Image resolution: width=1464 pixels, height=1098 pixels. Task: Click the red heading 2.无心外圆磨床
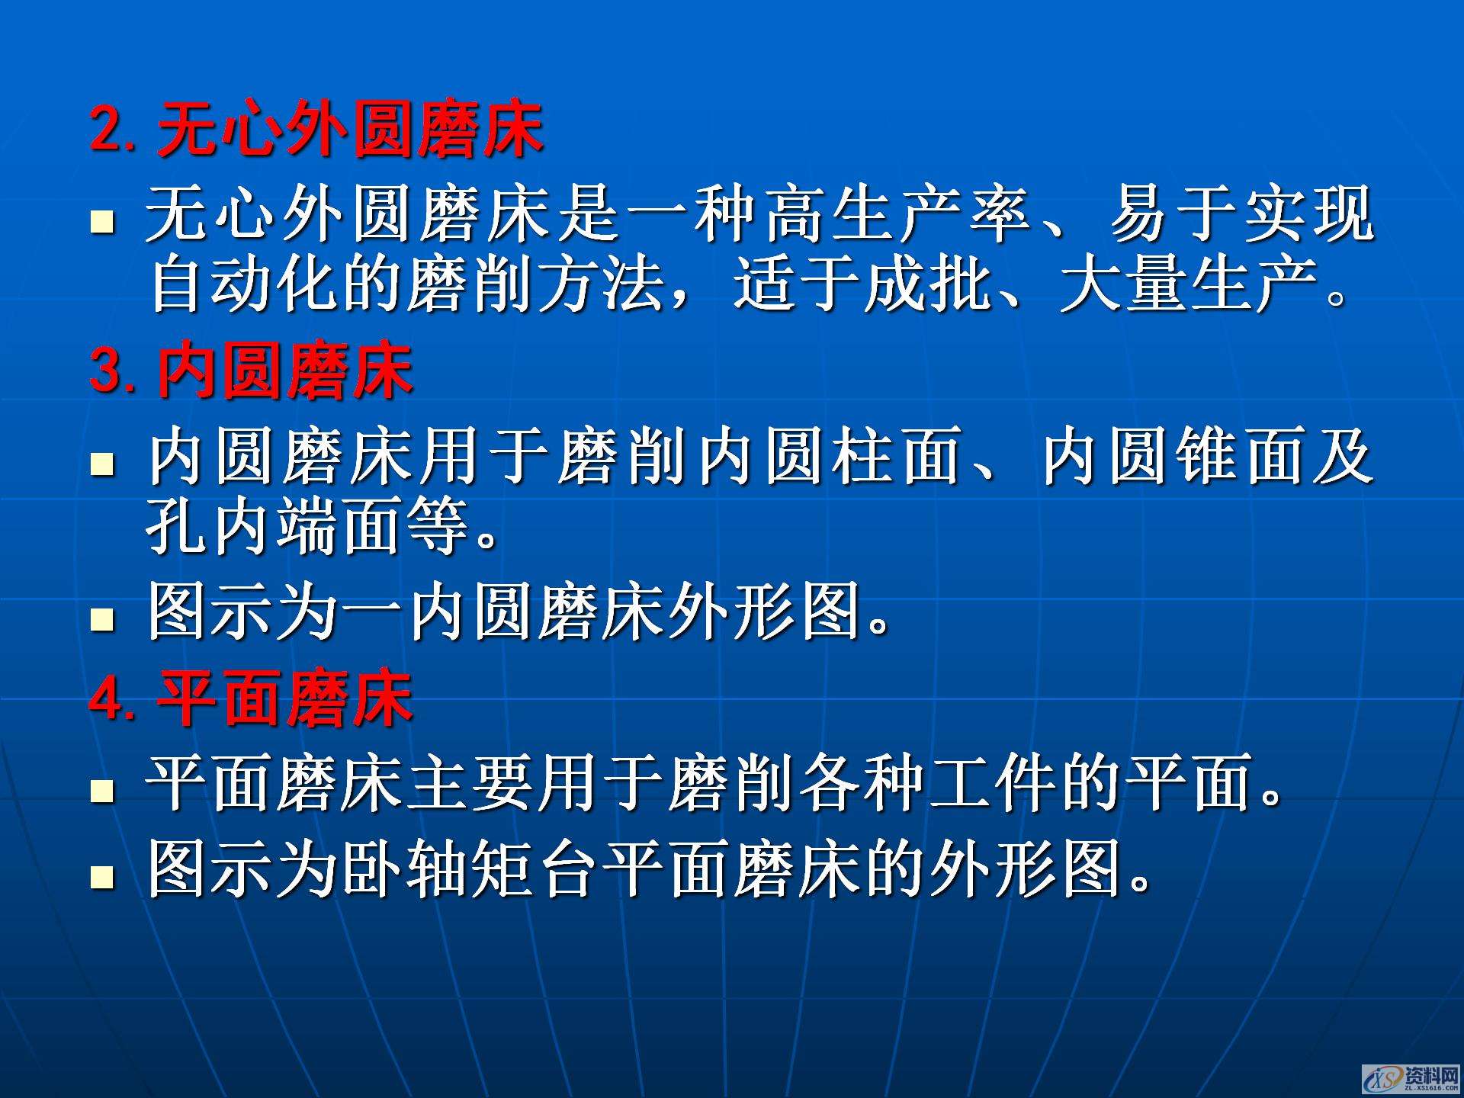point(316,130)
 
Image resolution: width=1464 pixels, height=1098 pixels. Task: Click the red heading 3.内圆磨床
point(252,371)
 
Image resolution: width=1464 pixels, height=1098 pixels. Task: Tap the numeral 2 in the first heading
point(107,130)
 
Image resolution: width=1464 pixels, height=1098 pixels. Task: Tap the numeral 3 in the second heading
point(107,371)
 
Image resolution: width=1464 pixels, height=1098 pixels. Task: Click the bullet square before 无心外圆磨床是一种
point(102,223)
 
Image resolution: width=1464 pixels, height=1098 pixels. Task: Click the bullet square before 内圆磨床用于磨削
point(102,463)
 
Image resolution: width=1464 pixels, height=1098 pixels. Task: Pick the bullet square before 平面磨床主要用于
point(102,791)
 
